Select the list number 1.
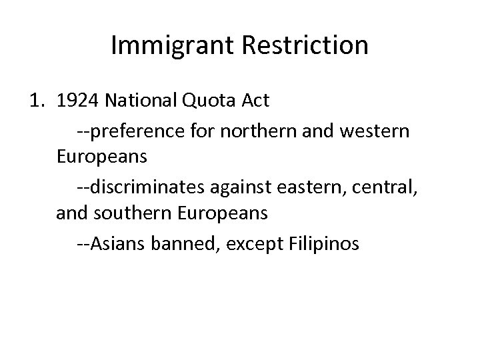click(x=39, y=101)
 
